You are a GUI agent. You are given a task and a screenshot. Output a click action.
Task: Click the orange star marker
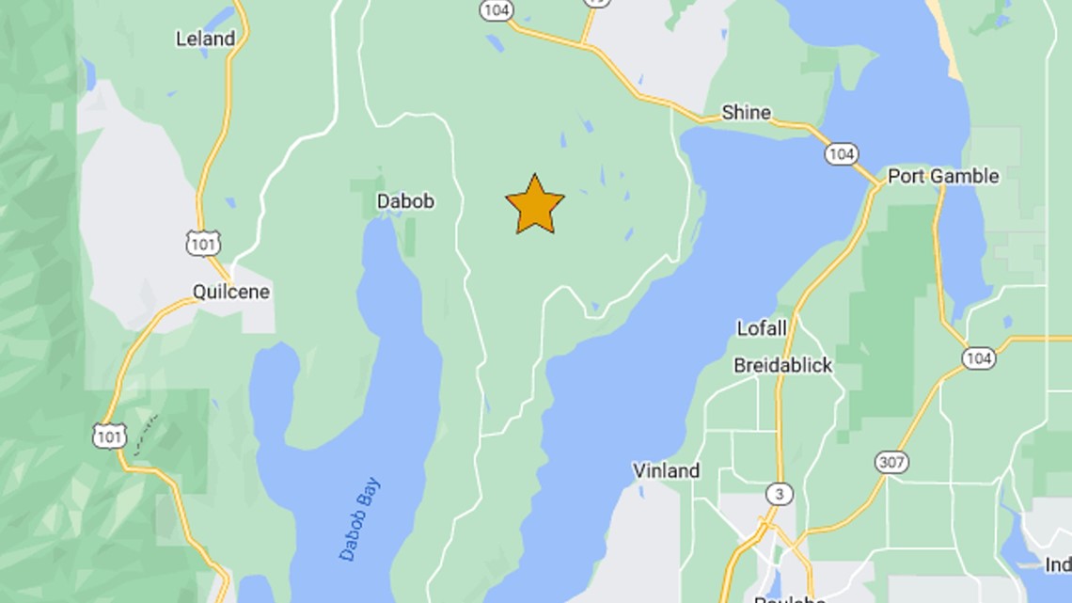(x=535, y=205)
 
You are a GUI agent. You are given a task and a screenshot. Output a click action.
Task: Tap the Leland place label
(x=205, y=39)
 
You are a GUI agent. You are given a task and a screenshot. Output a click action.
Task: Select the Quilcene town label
(x=231, y=292)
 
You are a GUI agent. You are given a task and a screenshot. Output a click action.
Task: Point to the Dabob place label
(x=405, y=200)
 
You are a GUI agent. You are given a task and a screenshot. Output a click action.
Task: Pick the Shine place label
(x=746, y=113)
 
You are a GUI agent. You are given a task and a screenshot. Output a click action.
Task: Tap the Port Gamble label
(x=943, y=176)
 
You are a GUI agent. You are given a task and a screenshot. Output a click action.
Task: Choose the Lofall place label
(x=761, y=328)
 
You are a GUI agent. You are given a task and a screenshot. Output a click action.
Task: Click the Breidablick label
(x=782, y=365)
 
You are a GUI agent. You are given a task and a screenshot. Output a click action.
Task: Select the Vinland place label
(x=666, y=470)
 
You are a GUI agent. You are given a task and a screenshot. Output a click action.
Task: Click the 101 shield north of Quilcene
(x=203, y=244)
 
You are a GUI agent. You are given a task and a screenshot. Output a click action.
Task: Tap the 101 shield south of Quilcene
(x=109, y=435)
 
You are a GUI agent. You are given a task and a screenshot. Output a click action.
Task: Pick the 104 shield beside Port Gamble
(x=841, y=153)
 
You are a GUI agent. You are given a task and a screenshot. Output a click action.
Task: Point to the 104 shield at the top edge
(x=496, y=9)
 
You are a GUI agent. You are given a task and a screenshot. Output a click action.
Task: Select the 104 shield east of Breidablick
(x=979, y=357)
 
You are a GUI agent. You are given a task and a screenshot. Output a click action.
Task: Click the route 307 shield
(x=891, y=462)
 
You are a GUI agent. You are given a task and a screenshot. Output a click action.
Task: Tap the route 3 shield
(x=779, y=493)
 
